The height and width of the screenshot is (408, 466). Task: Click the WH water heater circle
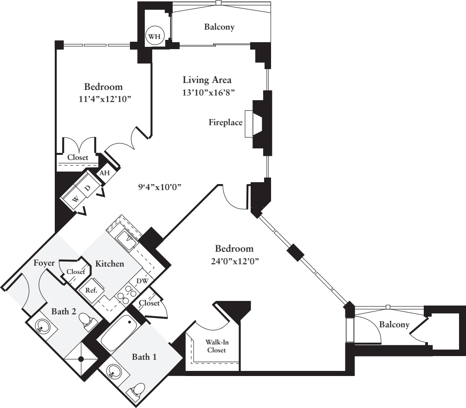pyautogui.click(x=154, y=36)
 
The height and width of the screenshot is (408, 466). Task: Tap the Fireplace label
pyautogui.click(x=225, y=123)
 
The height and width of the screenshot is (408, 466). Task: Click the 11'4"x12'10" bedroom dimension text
pyautogui.click(x=103, y=98)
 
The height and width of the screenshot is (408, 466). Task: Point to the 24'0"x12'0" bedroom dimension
pyautogui.click(x=234, y=260)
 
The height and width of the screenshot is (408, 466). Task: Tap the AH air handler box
pyautogui.click(x=105, y=173)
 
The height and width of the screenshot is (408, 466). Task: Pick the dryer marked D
pyautogui.click(x=88, y=188)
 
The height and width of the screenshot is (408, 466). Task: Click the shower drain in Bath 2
pyautogui.click(x=81, y=359)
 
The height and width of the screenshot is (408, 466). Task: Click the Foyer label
pyautogui.click(x=45, y=263)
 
